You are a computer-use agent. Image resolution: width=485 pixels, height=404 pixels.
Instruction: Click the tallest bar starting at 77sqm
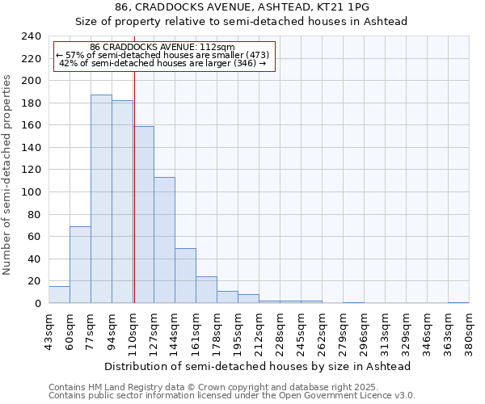pyautogui.click(x=101, y=199)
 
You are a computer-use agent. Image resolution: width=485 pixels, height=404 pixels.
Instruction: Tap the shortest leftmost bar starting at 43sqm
pyautogui.click(x=59, y=295)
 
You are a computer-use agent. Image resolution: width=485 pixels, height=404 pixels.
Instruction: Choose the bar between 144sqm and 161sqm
pyautogui.click(x=185, y=276)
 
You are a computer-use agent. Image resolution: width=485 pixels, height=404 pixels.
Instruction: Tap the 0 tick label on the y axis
pyautogui.click(x=37, y=304)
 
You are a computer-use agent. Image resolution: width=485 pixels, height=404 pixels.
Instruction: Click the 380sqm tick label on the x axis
pyautogui.click(x=469, y=333)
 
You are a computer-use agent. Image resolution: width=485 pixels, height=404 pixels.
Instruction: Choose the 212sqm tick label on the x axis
pyautogui.click(x=259, y=333)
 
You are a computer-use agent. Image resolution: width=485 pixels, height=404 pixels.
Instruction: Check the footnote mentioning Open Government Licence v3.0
pyautogui.click(x=232, y=395)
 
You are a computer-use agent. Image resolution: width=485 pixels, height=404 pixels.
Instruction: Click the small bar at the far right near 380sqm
pyautogui.click(x=458, y=302)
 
